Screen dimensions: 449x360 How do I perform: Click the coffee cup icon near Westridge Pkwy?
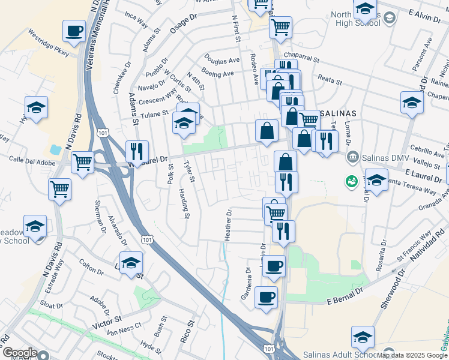point(74,31)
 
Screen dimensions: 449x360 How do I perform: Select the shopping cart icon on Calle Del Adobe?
point(82,161)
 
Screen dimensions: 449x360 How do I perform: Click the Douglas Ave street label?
point(221,61)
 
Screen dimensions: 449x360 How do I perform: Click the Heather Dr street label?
point(228,225)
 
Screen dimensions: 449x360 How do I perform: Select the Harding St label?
point(185,203)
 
